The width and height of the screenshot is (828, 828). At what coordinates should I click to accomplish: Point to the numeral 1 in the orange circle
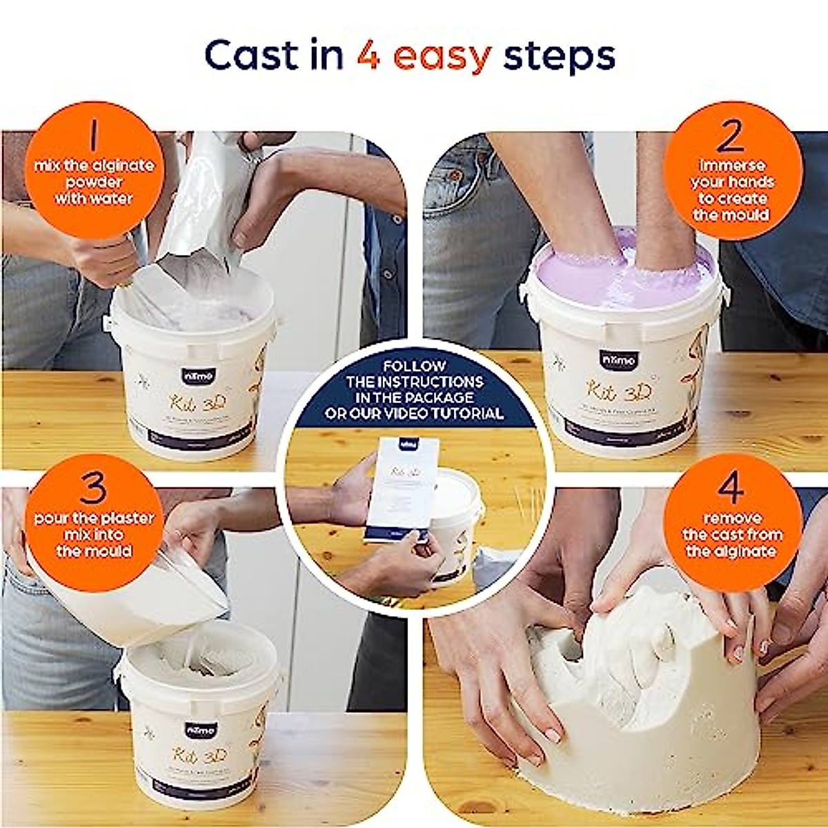point(93,136)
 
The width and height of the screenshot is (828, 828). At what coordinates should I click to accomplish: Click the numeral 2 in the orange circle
point(731,136)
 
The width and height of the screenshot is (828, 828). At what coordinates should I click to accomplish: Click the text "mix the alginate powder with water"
point(94,182)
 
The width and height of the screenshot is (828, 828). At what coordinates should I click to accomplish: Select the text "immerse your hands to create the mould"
point(732,190)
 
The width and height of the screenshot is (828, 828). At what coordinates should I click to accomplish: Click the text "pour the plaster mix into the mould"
point(94,535)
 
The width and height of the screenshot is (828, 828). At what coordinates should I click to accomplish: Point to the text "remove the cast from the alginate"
point(732,535)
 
